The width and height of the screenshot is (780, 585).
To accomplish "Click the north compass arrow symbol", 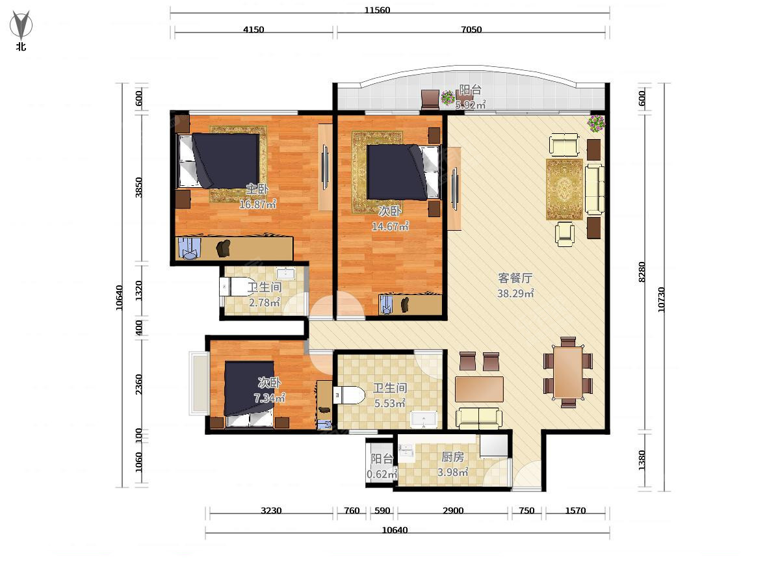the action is click(x=21, y=25).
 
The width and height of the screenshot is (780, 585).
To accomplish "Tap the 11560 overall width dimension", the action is click(x=377, y=10).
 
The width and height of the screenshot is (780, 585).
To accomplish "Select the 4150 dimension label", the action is click(x=253, y=29).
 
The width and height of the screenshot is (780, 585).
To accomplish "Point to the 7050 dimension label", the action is click(x=471, y=29).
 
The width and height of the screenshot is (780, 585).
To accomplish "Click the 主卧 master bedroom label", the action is click(x=257, y=189).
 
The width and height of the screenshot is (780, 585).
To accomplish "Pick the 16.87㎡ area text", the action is click(x=257, y=204).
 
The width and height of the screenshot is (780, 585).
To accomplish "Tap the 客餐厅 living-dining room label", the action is click(x=515, y=278).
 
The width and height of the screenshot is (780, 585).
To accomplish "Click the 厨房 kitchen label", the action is click(x=452, y=457).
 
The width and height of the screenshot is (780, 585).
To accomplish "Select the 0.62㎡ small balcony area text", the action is click(x=382, y=474).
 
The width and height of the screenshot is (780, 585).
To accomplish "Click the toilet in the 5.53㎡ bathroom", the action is click(x=349, y=395).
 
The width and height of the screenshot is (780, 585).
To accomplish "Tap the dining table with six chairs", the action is click(x=568, y=372).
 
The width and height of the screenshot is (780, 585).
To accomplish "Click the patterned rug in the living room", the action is click(x=564, y=190).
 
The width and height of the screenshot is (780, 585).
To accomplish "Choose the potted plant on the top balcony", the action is click(x=448, y=97).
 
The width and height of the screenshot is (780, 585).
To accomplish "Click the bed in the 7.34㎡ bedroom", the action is click(x=250, y=394).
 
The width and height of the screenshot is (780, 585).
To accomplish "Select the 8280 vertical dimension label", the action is click(x=642, y=272).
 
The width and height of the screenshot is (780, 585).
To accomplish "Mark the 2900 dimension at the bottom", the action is click(x=453, y=511).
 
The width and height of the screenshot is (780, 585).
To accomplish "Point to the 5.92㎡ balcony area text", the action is click(x=471, y=105).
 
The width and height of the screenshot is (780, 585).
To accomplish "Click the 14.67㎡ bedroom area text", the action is click(x=390, y=226).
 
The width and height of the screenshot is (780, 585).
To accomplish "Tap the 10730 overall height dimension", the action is click(x=661, y=300).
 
